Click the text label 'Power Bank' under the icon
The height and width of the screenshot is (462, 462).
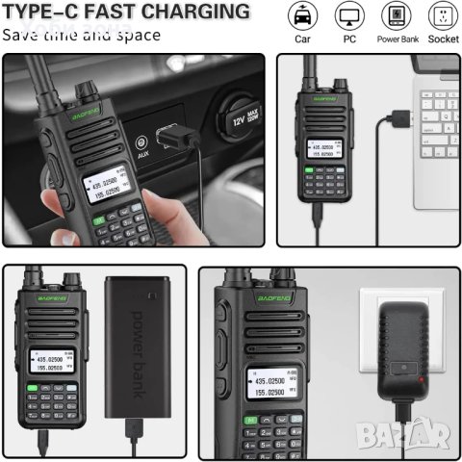396,40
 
